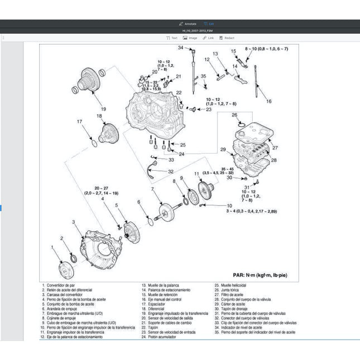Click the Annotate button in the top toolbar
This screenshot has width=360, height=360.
(188, 23)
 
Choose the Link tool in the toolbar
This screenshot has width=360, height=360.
(208, 38)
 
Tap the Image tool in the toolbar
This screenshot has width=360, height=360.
(190, 38)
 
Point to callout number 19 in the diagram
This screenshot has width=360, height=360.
(103, 109)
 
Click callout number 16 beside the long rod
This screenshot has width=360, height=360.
(268, 102)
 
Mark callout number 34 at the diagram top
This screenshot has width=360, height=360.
(180, 48)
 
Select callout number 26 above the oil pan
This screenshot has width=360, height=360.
(235, 115)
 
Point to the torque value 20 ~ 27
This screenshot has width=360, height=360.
(102, 188)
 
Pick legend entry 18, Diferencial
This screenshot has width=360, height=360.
(156, 309)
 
